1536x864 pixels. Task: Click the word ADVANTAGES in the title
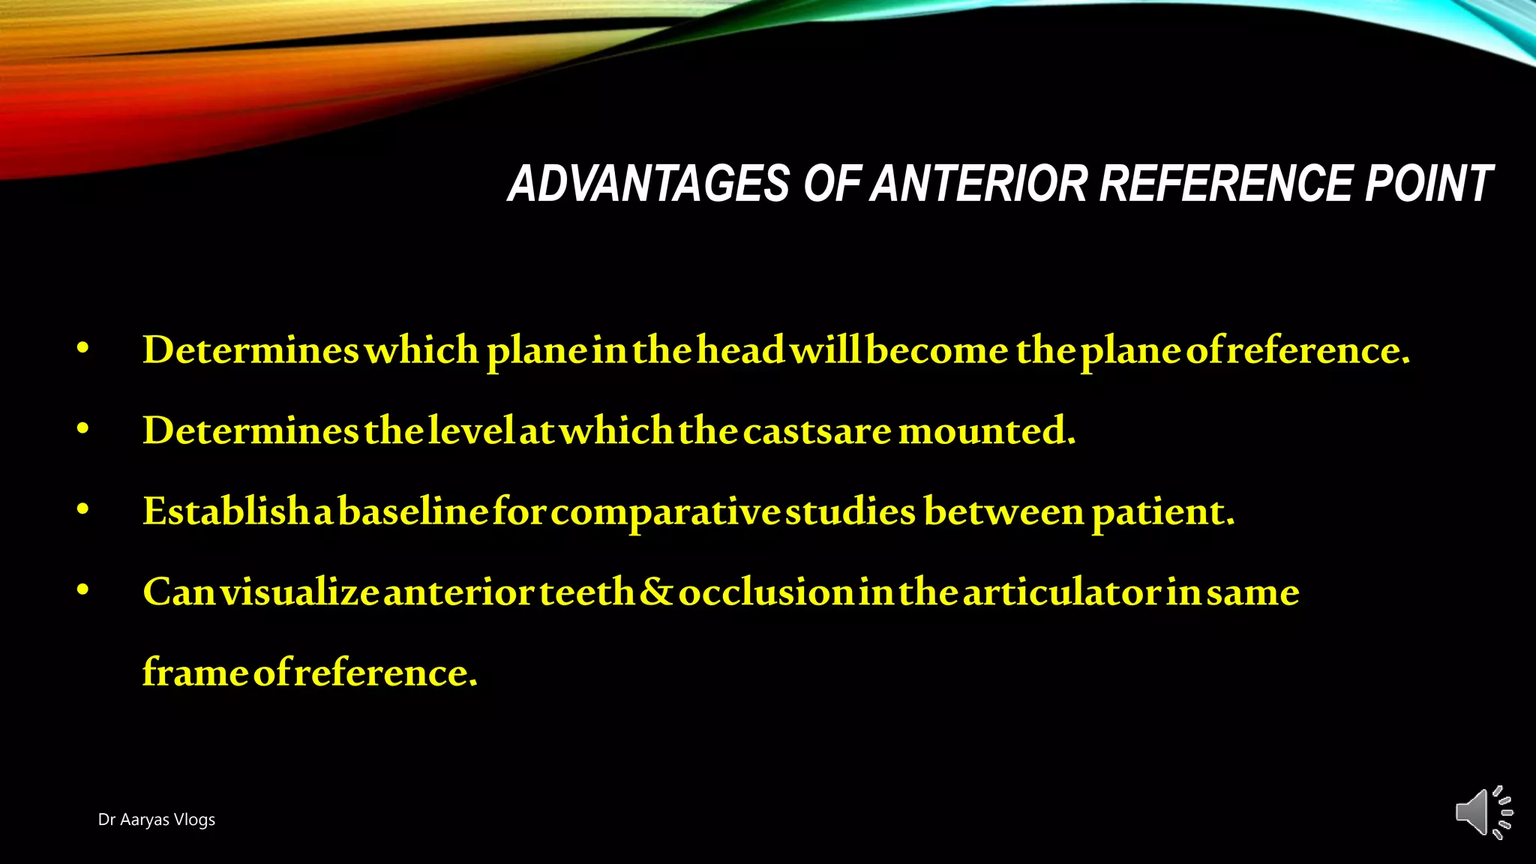click(x=649, y=184)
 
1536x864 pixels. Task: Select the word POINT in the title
click(x=1429, y=184)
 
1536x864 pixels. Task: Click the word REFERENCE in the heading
click(x=1225, y=184)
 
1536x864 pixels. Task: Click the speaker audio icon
click(x=1483, y=812)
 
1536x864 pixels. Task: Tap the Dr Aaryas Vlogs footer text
click(x=156, y=820)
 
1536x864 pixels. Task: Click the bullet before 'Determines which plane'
click(x=83, y=348)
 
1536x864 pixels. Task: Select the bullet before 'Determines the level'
click(x=83, y=429)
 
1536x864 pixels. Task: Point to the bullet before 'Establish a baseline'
click(x=83, y=510)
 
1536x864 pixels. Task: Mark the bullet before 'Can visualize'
click(x=83, y=590)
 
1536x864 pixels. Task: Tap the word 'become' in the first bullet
click(x=937, y=350)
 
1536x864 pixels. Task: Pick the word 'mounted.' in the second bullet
click(x=986, y=431)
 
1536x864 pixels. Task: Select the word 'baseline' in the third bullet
click(x=413, y=512)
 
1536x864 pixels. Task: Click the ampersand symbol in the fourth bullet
click(x=657, y=592)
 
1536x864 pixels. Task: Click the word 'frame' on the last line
click(x=195, y=673)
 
